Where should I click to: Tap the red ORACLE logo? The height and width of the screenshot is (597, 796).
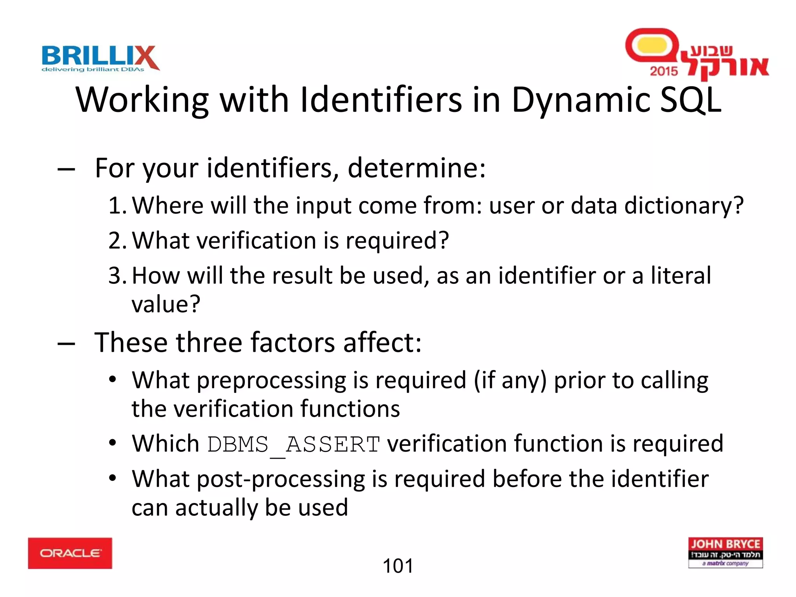(70, 553)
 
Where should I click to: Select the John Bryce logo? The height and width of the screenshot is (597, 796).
(725, 552)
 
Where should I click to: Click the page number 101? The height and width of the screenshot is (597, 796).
(398, 566)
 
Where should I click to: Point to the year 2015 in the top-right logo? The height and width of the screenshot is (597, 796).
(663, 71)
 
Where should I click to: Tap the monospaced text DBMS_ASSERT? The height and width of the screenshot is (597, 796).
(293, 444)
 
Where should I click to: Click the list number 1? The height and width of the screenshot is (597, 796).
(117, 206)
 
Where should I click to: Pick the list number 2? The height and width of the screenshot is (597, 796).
(117, 241)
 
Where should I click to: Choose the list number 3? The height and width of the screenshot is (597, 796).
(117, 276)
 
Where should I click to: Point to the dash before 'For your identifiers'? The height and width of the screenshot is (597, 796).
(66, 169)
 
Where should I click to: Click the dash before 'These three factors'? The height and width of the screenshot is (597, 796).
(66, 344)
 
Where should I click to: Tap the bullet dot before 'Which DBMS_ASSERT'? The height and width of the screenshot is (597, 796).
(112, 443)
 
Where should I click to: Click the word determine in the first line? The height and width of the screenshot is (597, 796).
(416, 169)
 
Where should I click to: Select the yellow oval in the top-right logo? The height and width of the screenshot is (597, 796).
(652, 45)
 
